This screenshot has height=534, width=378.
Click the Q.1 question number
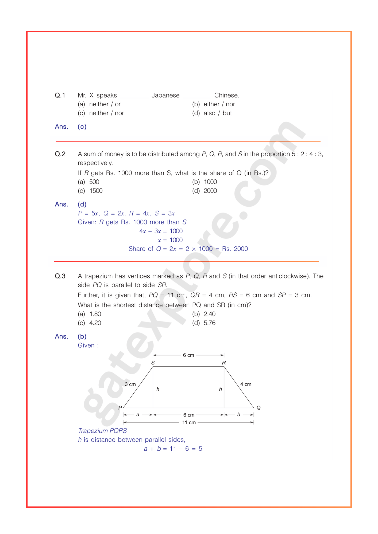pos(60,95)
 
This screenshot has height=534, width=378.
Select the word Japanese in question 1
pos(165,95)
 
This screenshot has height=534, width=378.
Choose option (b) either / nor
pos(214,104)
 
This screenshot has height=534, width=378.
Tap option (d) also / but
pos(212,113)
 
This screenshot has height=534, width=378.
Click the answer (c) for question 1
pos(82,127)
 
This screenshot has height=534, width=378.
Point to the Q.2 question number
pos(60,154)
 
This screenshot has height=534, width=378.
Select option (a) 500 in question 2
pos(88,182)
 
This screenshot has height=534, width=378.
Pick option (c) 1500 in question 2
pos(90,191)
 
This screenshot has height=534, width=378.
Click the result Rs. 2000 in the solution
pos(235,249)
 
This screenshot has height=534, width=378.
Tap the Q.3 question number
pos(60,276)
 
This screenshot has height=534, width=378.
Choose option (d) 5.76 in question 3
pos(204,323)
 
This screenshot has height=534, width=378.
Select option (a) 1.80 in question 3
pos(90,314)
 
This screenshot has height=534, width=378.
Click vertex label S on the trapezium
pos(153,363)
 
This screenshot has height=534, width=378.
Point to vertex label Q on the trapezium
pos(259,408)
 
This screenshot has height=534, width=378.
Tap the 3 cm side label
pos(130,384)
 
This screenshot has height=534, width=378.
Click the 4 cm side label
pos(246,384)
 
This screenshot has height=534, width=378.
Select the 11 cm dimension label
pos(189,422)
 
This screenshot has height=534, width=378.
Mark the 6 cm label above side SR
pos(188,355)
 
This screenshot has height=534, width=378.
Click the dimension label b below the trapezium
pos(239,415)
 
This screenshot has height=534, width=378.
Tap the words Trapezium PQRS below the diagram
pos(102,431)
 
